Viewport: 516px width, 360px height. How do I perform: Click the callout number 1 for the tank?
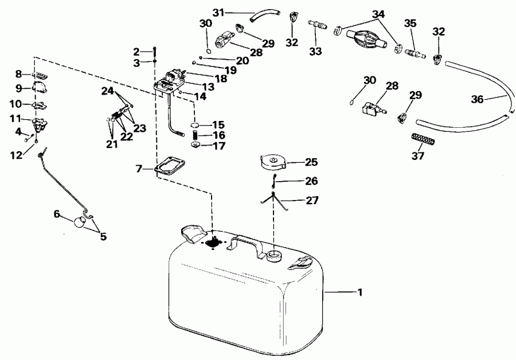359,293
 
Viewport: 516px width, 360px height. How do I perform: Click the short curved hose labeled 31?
265,19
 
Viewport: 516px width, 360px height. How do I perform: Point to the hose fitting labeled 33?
316,26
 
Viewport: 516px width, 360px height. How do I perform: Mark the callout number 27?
311,201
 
